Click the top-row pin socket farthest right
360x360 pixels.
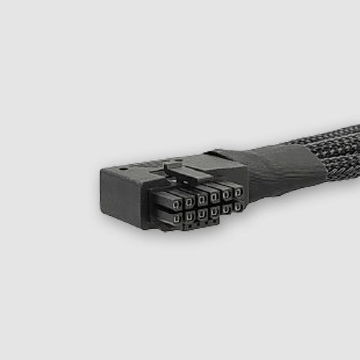click(x=238, y=192)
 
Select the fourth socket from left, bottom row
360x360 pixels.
click(x=215, y=210)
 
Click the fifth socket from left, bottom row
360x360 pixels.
click(x=226, y=208)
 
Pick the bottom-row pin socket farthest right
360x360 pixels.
click(x=238, y=207)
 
